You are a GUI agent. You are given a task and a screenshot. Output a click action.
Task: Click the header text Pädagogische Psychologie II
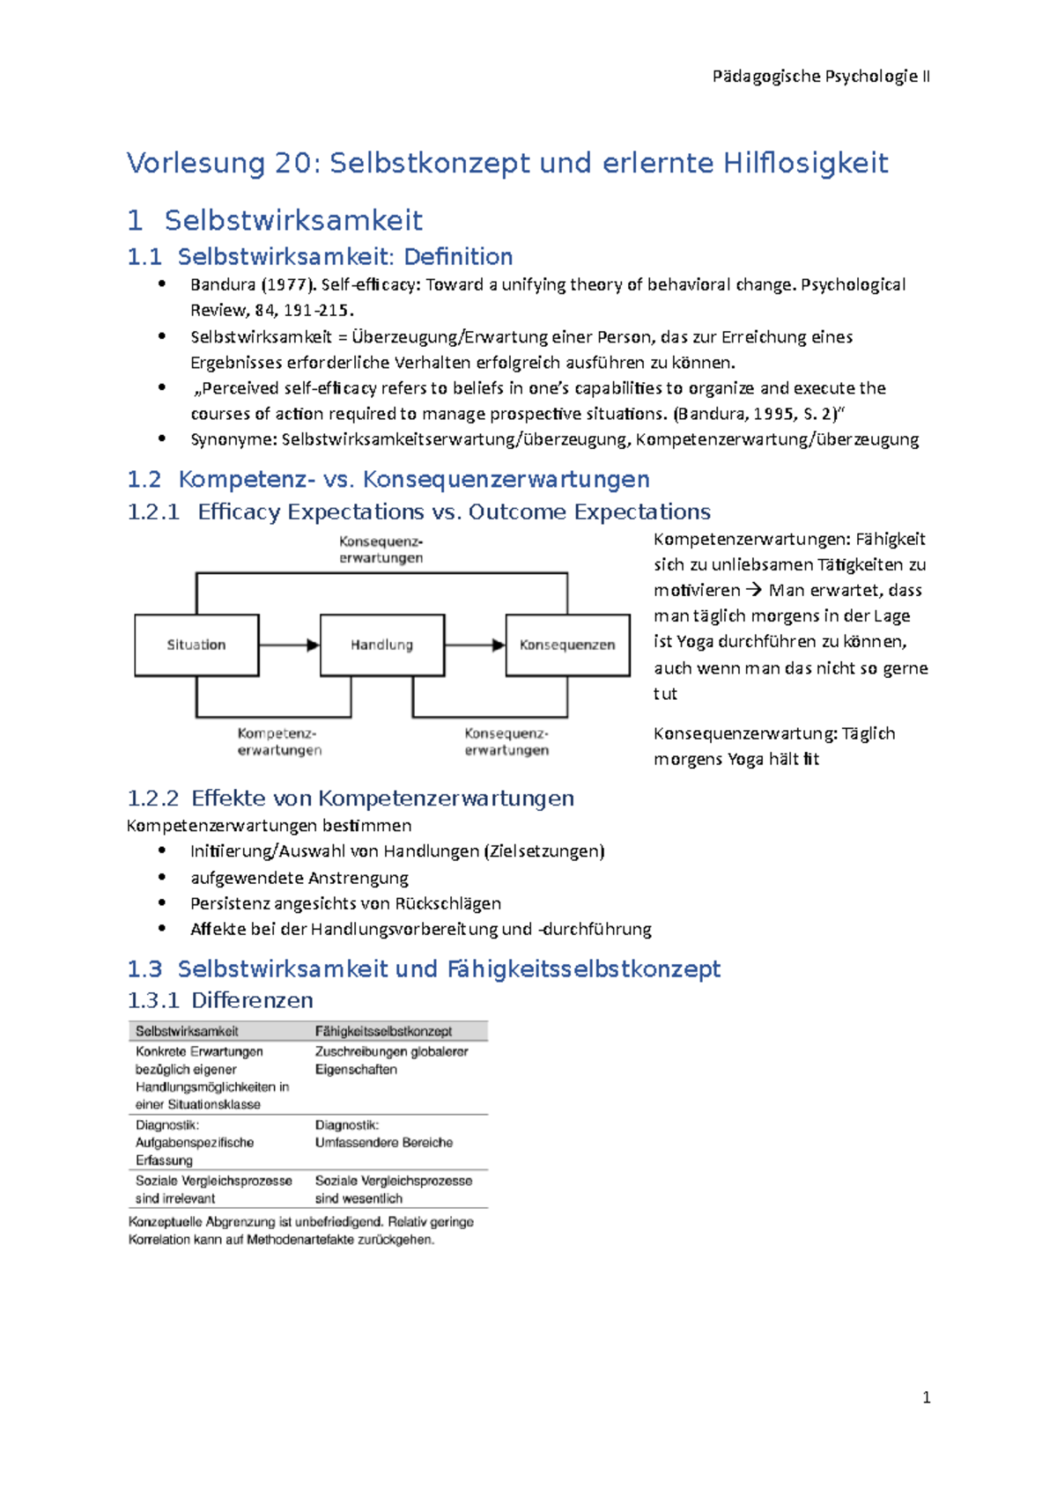[x=820, y=77]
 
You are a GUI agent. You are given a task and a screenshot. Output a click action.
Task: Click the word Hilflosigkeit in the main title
[x=805, y=163]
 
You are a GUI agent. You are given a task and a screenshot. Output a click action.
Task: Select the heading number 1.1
[x=144, y=257]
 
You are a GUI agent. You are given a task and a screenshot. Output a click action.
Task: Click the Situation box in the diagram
[x=196, y=645]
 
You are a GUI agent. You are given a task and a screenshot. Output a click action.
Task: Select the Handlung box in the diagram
[x=381, y=645]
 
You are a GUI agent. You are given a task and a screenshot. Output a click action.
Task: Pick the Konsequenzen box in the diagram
[x=567, y=645]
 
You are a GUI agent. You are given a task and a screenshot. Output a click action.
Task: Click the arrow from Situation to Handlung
[x=289, y=645]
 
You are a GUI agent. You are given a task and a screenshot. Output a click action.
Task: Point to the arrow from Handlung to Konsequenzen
[x=475, y=645]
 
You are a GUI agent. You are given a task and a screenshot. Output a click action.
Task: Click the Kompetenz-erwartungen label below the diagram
[x=279, y=741]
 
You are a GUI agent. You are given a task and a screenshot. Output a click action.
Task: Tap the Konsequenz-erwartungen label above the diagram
[x=381, y=549]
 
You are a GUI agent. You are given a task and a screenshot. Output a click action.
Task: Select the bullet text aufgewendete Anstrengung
[x=299, y=878]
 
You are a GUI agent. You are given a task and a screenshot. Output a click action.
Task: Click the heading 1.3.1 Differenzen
[x=220, y=1000]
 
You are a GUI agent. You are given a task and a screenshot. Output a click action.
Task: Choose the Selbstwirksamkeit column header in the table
[x=187, y=1031]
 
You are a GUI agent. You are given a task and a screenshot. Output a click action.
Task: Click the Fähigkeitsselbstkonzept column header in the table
[x=383, y=1031]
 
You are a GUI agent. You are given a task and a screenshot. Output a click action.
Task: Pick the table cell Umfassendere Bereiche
[x=384, y=1143]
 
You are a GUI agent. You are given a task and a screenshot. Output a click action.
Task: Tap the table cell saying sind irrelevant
[x=175, y=1199]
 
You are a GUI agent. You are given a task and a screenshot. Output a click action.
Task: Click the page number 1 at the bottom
[x=926, y=1398]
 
